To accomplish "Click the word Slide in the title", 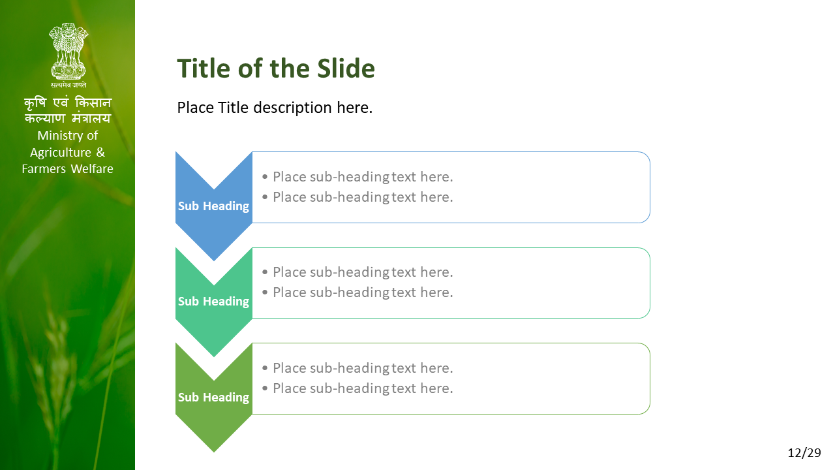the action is pyautogui.click(x=346, y=69).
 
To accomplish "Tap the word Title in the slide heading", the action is pyautogui.click(x=205, y=69).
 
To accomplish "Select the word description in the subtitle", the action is pyautogui.click(x=292, y=108).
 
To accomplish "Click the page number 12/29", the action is pyautogui.click(x=804, y=453).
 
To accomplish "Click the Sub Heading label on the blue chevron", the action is pyautogui.click(x=213, y=206).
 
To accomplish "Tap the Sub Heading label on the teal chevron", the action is pyautogui.click(x=213, y=302).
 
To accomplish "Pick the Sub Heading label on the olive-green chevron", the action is pyautogui.click(x=213, y=398).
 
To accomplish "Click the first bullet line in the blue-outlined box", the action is pyautogui.click(x=357, y=177).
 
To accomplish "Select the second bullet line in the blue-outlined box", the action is pyautogui.click(x=357, y=197).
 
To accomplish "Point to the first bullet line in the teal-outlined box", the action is pyautogui.click(x=357, y=272).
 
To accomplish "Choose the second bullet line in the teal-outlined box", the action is pyautogui.click(x=357, y=292).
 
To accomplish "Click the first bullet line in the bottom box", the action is pyautogui.click(x=357, y=368).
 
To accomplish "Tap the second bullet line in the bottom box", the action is pyautogui.click(x=357, y=388).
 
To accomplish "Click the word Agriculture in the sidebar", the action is pyautogui.click(x=61, y=153).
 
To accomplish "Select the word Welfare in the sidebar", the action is pyautogui.click(x=92, y=169).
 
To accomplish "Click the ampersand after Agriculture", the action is pyautogui.click(x=100, y=152).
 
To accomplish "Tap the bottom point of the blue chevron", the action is pyautogui.click(x=213, y=260).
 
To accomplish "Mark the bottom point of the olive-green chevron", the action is pyautogui.click(x=213, y=452).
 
